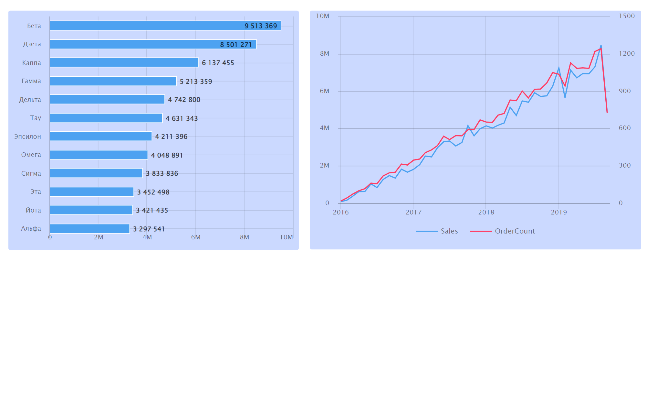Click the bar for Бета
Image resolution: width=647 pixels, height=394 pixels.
(165, 26)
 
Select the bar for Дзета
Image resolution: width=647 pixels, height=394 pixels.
(153, 44)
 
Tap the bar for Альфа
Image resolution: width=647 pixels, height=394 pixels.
(89, 229)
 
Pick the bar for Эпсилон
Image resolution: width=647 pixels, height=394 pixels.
(100, 136)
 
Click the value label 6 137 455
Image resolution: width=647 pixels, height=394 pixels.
(218, 63)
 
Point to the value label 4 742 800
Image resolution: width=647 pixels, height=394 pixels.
(184, 100)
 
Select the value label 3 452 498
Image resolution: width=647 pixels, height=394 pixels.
(153, 192)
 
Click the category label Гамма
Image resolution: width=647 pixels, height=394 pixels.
(31, 81)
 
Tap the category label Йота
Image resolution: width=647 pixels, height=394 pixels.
(33, 210)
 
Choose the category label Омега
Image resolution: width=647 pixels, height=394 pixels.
(31, 155)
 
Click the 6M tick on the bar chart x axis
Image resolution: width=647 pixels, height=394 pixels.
(196, 237)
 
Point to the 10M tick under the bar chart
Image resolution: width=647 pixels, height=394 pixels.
(286, 237)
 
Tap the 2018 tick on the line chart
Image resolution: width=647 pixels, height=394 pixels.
(486, 212)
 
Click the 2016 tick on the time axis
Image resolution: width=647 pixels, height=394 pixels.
(341, 212)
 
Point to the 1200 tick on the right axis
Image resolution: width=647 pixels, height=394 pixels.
(627, 54)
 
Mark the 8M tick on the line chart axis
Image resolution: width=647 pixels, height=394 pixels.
(325, 54)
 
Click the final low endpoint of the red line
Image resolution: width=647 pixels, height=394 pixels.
(607, 113)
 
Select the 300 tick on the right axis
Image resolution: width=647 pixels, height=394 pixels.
(625, 166)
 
